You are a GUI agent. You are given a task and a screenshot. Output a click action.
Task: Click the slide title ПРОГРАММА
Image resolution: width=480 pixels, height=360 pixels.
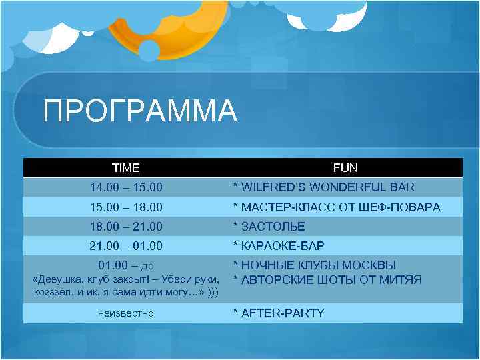[140, 111]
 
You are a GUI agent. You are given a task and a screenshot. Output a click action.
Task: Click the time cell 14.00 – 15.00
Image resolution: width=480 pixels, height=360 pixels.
[126, 187]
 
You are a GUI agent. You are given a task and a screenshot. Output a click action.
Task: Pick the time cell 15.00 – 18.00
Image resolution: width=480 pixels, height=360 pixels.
[126, 207]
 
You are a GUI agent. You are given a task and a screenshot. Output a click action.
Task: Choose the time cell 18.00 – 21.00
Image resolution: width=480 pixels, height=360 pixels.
[126, 227]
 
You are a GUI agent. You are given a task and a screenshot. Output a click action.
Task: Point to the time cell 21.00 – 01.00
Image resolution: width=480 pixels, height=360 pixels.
[126, 246]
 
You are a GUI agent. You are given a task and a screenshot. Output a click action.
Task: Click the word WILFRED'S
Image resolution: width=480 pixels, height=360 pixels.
[273, 187]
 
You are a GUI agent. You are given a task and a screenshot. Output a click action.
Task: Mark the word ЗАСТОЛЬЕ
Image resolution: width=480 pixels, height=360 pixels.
[273, 227]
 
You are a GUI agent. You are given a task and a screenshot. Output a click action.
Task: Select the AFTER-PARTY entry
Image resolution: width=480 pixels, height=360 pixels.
[283, 313]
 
